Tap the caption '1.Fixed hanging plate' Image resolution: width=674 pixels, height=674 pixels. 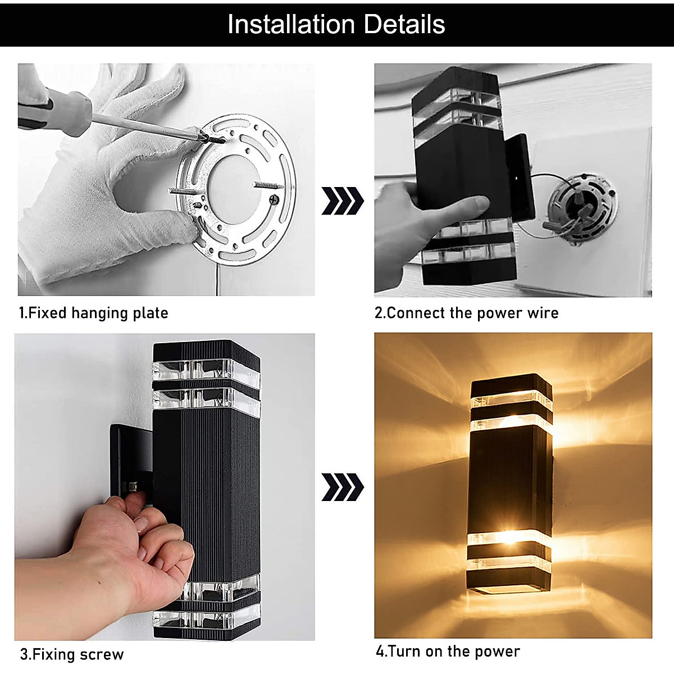coord(94,313)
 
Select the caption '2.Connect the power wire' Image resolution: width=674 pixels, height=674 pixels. coord(467,313)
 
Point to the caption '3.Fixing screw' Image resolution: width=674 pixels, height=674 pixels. coord(72,654)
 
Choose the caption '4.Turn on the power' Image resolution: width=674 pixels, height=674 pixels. coord(448,652)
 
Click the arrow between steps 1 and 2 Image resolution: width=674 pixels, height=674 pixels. coord(342,201)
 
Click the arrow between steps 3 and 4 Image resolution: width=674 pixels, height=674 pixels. coord(342,486)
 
